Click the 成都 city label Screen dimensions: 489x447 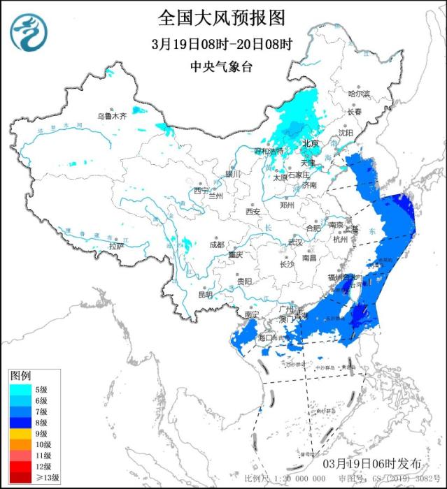pos(217,245)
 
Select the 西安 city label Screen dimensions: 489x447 pos(253,212)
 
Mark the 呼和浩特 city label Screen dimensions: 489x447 pos(269,150)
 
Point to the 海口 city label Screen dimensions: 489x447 pos(266,337)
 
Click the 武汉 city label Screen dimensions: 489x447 pos(296,242)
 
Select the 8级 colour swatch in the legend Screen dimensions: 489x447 pos(20,422)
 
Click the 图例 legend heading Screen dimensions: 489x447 pos(21,376)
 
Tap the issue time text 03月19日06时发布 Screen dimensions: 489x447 pos(373,463)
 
